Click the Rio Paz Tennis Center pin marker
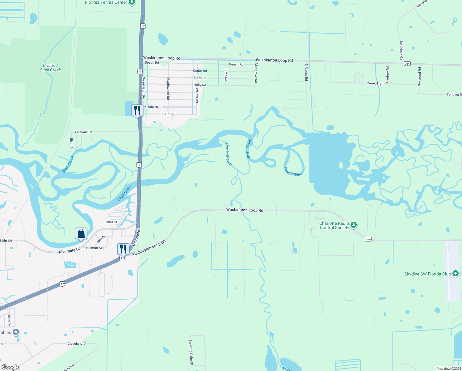point(132,2)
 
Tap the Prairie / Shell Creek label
point(50,68)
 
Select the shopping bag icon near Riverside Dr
point(81,233)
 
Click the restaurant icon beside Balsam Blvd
point(137,110)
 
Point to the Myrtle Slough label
point(229,154)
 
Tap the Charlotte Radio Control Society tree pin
point(354,225)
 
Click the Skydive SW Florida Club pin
point(455,274)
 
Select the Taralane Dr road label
point(83,132)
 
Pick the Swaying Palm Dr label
point(191,352)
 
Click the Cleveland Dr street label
point(77,343)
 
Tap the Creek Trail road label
point(375,83)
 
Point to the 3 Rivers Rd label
point(306,72)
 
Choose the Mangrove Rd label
point(256,73)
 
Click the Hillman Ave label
point(95,248)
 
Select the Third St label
point(111,222)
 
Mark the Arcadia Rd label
point(136,238)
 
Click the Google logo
point(10,367)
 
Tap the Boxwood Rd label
point(419,77)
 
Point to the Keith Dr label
point(9,320)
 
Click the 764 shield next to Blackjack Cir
point(407,64)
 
